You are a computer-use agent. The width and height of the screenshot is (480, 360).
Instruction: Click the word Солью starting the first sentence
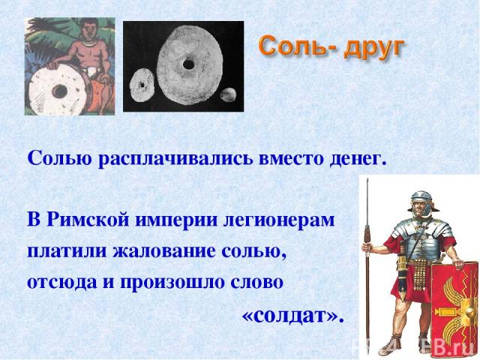[x=59, y=158]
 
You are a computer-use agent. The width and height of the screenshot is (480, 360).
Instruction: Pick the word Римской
[x=88, y=220]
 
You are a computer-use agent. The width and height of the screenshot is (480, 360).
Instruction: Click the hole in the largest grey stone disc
[x=188, y=64]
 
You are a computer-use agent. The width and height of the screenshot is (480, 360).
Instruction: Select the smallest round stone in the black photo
[x=229, y=95]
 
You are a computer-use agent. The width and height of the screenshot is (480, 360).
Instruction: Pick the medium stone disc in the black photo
[x=142, y=83]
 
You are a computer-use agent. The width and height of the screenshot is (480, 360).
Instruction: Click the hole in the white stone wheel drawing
[x=59, y=91]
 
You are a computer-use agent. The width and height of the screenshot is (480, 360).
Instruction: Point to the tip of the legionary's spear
[x=367, y=179]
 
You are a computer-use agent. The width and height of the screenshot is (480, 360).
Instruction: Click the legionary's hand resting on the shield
[x=459, y=263]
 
